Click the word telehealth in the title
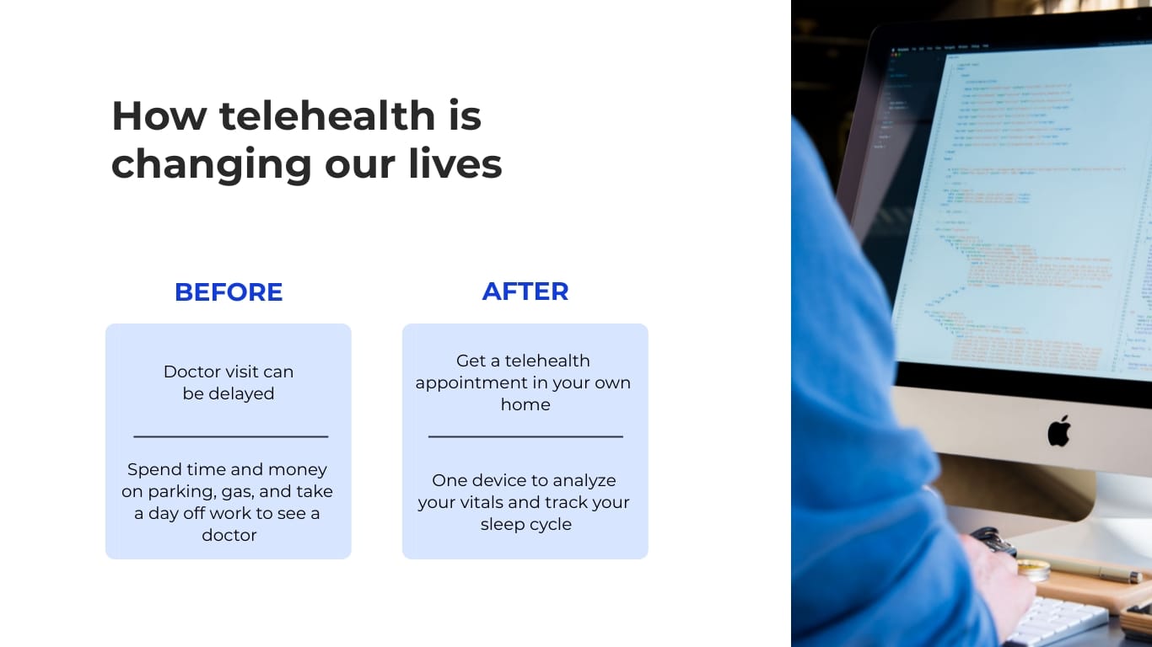click(327, 115)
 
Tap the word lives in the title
click(455, 163)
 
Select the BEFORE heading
click(229, 292)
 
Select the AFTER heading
click(525, 291)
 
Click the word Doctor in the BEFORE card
click(192, 372)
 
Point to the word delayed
click(240, 393)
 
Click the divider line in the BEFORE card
click(230, 436)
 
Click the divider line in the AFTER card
click(525, 436)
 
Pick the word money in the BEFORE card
click(299, 469)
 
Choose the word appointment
click(467, 382)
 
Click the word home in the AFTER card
click(525, 404)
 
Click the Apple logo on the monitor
click(1058, 430)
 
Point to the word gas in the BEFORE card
click(237, 492)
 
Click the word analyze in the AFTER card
click(584, 480)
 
